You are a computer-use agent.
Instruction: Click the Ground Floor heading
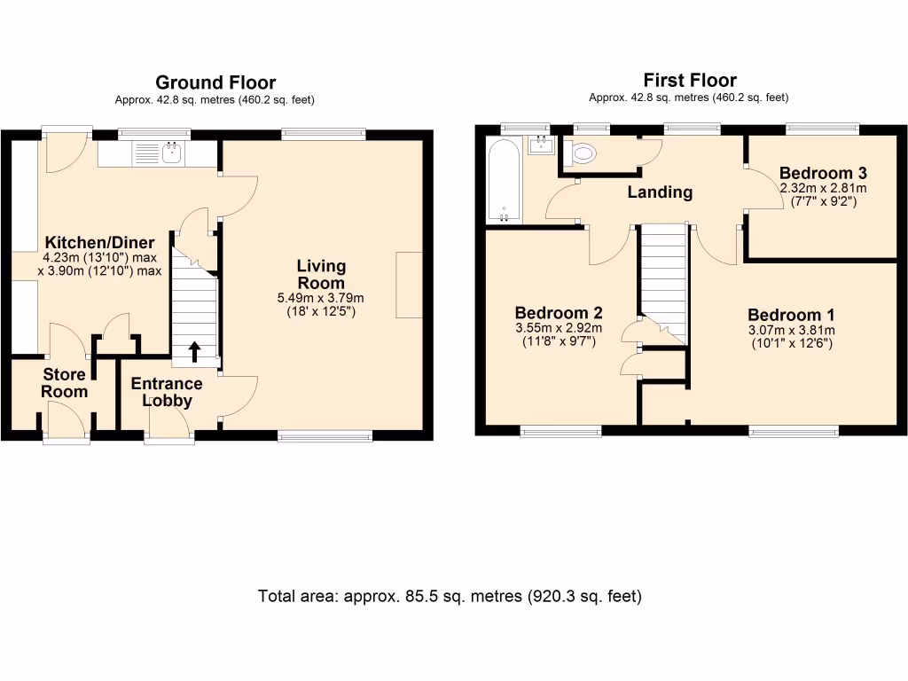[215, 83]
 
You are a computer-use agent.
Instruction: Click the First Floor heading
[689, 81]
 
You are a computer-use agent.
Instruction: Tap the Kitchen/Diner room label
[100, 243]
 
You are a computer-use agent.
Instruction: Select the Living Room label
[321, 274]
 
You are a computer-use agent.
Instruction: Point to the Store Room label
[64, 383]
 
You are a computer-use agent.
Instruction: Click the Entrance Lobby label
[167, 392]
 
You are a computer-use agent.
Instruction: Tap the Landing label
[660, 192]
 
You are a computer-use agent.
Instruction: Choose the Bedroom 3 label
[823, 173]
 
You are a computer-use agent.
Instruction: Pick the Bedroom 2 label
[559, 313]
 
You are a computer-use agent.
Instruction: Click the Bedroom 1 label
[791, 315]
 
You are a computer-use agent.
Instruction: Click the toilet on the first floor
[583, 154]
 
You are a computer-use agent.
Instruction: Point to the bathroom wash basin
[540, 145]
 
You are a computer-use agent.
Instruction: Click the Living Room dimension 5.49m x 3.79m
[321, 298]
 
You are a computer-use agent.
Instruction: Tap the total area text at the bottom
[450, 596]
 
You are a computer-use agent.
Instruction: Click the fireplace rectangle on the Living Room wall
[410, 285]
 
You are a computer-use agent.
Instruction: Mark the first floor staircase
[662, 279]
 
